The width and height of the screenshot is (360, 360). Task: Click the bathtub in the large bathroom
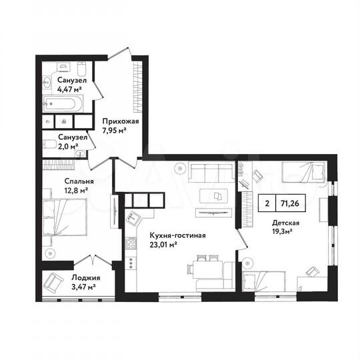[x=63, y=103]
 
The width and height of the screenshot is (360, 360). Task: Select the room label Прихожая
[x=120, y=122]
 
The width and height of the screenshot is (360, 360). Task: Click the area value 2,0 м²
[x=67, y=146]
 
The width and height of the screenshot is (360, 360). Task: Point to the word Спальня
[x=60, y=181]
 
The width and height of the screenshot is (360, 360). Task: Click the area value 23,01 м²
[x=163, y=245]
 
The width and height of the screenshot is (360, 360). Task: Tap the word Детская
[x=285, y=223]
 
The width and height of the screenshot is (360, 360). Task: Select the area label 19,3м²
[x=285, y=233]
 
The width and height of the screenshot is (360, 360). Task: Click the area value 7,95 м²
[x=114, y=131]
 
